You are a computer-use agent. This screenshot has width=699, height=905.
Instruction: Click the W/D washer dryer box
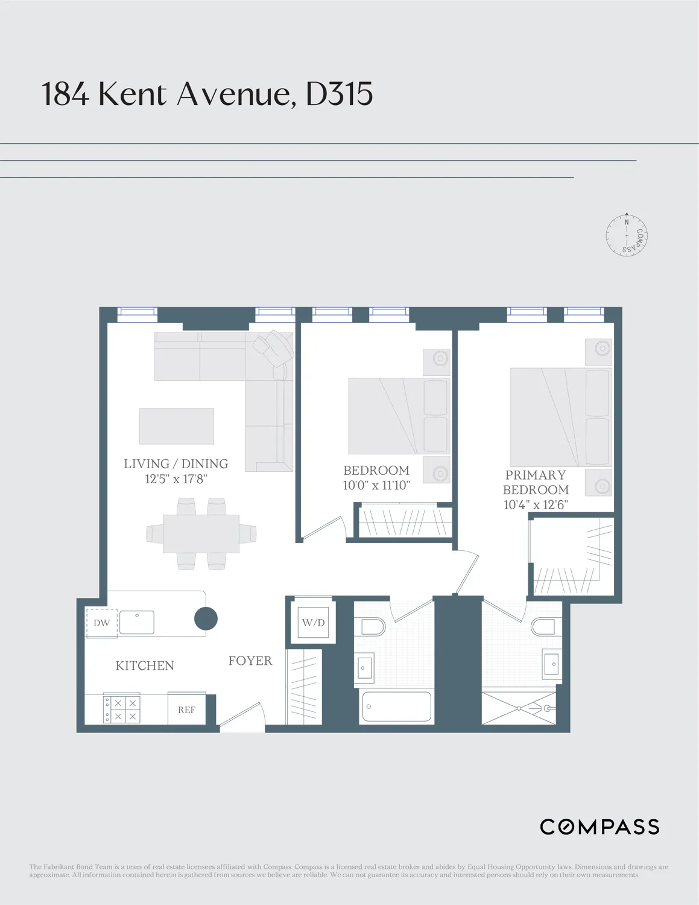(313, 623)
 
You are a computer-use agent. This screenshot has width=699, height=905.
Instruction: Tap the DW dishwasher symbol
(101, 623)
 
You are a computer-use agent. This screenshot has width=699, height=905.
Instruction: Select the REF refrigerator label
(186, 710)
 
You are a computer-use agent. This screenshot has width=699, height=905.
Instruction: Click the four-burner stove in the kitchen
(121, 709)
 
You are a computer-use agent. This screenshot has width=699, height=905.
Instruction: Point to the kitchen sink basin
(137, 622)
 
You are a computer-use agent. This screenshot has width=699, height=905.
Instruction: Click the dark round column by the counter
(206, 618)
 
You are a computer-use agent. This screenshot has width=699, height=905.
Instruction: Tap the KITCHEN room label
(145, 665)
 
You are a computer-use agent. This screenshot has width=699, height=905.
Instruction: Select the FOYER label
(250, 661)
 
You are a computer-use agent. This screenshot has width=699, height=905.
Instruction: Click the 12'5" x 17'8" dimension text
(176, 479)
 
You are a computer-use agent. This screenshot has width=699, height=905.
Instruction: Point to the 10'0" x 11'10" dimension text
(376, 485)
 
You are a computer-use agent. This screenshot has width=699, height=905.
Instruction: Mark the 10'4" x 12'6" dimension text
(536, 505)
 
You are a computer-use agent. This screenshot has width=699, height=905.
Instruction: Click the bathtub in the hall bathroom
(396, 707)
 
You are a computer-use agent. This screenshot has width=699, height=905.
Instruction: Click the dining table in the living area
(201, 533)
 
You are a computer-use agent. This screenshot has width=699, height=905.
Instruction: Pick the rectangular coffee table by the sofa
(177, 426)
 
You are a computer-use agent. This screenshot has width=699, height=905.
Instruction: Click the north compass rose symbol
(627, 234)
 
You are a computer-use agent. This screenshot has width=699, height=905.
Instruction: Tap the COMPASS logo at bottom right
(599, 827)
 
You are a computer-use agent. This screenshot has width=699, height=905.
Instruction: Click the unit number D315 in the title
(339, 94)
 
